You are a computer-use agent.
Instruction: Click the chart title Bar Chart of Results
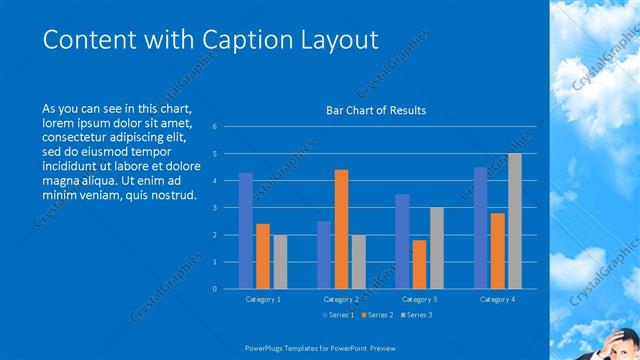376,110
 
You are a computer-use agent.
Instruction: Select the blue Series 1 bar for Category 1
245,231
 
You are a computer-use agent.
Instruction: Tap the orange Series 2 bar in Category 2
341,229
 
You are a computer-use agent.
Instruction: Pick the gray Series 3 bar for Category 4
514,221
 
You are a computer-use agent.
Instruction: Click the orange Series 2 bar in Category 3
419,264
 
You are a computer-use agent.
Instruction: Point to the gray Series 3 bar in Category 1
279,262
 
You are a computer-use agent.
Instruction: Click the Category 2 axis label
342,299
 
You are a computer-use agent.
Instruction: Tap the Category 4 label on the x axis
497,299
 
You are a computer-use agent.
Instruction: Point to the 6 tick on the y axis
214,127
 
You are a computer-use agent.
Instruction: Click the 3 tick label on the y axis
214,208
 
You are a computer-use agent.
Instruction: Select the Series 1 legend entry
337,314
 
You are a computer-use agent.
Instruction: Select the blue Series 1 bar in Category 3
401,241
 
